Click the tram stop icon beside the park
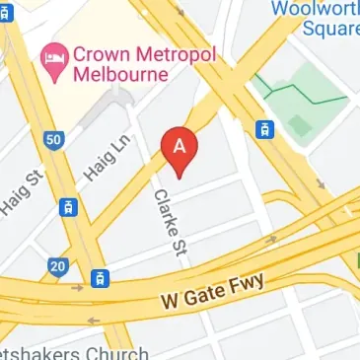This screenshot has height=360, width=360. coord(264,129)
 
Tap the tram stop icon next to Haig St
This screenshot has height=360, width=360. coord(67,207)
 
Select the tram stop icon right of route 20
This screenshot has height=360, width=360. coord(100,279)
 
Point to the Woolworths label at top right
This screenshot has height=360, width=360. coord(322,8)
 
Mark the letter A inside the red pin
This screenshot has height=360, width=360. coord(180,144)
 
